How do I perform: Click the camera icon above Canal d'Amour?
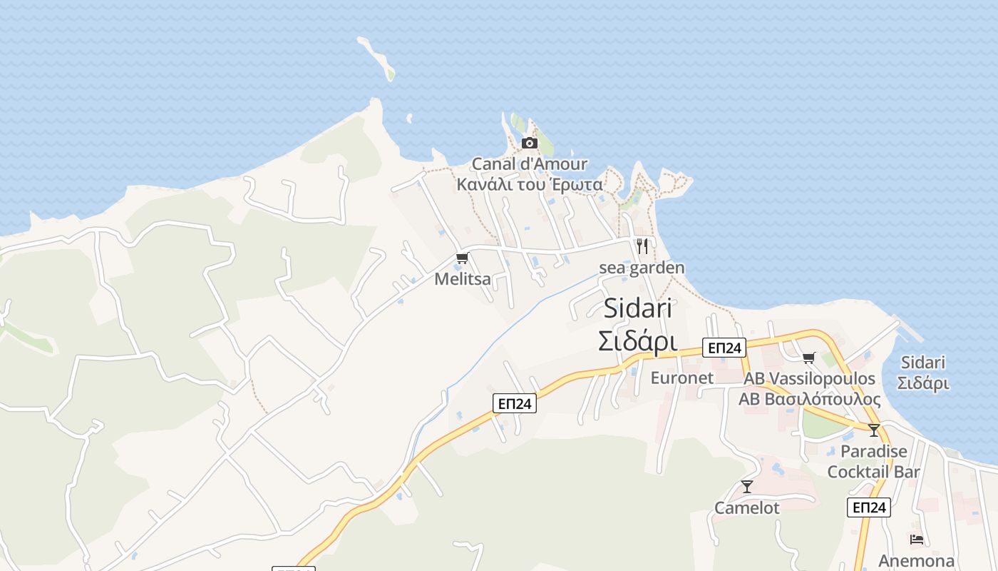click(529, 143)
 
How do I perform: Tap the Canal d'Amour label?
click(530, 164)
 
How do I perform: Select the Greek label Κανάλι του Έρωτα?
click(530, 184)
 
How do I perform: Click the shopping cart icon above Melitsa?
click(462, 258)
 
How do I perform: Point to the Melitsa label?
click(463, 279)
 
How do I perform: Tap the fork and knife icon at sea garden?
click(642, 246)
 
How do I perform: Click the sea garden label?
click(642, 268)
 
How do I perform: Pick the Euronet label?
click(681, 378)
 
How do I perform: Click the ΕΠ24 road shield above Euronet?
click(724, 348)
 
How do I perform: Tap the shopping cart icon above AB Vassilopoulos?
click(808, 358)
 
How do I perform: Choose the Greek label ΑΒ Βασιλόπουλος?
click(809, 399)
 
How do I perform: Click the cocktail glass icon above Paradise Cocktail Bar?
click(874, 430)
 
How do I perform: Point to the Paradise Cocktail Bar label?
click(874, 461)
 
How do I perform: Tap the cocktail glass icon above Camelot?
click(747, 487)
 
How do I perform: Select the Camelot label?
click(747, 507)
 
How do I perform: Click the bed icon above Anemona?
click(917, 540)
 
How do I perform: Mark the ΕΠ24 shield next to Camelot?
click(869, 507)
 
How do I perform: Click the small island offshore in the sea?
click(377, 59)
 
